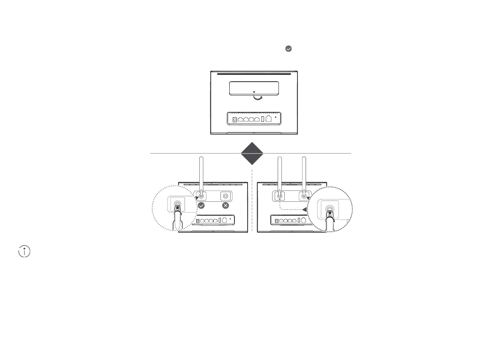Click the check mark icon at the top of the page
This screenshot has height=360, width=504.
[288, 49]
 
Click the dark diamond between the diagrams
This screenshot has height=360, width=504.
[252, 153]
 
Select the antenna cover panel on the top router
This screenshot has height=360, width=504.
[254, 88]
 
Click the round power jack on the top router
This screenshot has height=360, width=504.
[234, 119]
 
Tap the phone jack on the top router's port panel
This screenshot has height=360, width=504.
[269, 119]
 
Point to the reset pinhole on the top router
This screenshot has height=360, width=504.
[275, 116]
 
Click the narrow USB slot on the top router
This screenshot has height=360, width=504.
[262, 119]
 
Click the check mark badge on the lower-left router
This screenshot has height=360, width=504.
[201, 206]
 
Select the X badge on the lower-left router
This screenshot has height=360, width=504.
[226, 206]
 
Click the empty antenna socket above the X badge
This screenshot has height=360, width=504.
[226, 196]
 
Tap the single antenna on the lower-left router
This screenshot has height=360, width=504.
[201, 173]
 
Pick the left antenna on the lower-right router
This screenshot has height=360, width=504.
[279, 173]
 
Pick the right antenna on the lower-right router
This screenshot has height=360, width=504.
[303, 173]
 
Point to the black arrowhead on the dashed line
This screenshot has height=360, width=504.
[305, 209]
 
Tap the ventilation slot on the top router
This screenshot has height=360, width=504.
[254, 74]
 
